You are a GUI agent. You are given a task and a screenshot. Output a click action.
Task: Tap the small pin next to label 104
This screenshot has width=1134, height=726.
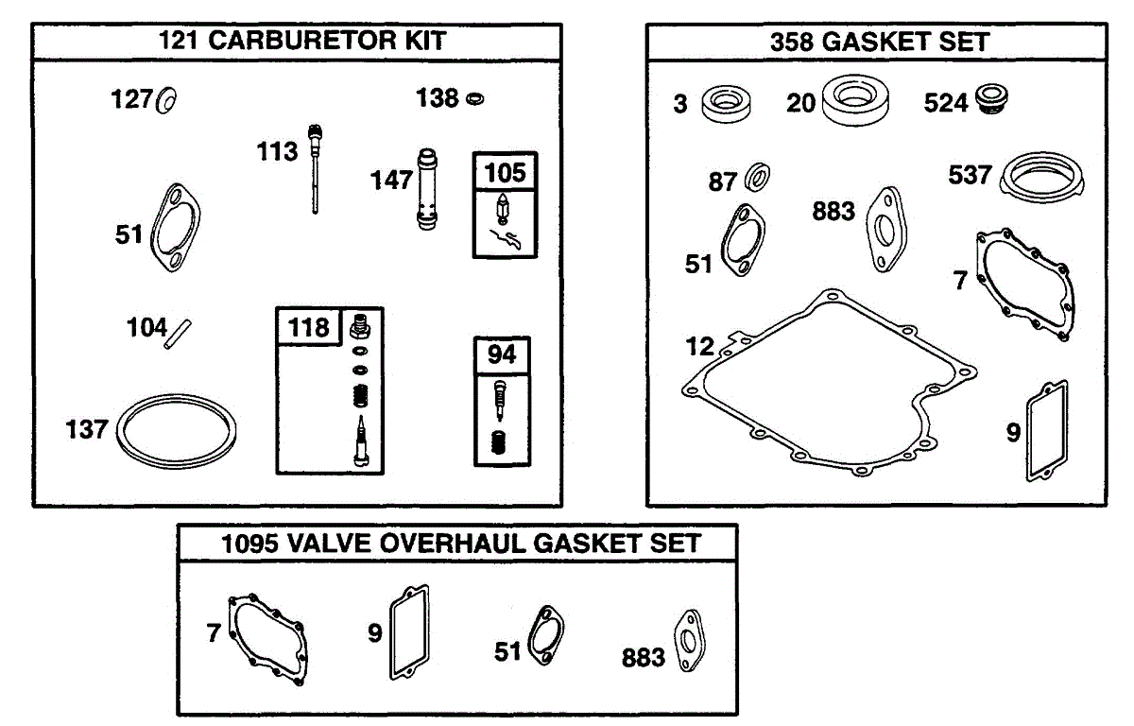[178, 334]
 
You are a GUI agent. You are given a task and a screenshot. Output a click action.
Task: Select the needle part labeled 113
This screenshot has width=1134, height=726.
[315, 168]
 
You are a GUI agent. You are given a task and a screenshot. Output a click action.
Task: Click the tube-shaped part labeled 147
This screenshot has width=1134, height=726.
[427, 189]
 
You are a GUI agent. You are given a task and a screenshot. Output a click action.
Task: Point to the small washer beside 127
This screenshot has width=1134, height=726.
[166, 100]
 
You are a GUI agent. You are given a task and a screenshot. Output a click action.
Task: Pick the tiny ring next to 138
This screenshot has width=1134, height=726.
[474, 98]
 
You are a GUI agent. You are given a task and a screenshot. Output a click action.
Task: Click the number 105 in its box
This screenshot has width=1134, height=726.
[505, 173]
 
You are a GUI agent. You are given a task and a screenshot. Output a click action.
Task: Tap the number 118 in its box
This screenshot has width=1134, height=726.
[308, 327]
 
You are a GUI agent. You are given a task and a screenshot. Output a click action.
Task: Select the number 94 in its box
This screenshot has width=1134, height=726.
[501, 354]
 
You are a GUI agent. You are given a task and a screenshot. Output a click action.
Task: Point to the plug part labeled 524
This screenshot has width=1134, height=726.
[991, 98]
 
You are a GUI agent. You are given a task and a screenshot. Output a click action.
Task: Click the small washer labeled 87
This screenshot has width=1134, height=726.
[757, 177]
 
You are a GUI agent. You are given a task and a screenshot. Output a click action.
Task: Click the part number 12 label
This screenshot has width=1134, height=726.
[699, 346]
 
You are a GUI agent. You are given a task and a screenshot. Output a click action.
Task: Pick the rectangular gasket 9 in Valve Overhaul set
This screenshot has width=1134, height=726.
[392, 632]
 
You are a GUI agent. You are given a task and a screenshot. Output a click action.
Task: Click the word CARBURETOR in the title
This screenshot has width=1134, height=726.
[302, 41]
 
